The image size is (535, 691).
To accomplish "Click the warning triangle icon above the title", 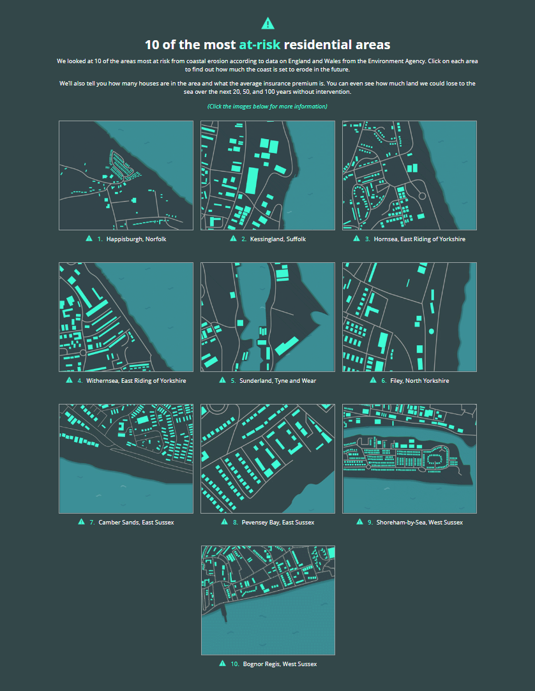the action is [x=267, y=24].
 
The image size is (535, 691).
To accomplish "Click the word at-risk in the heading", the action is [x=260, y=45].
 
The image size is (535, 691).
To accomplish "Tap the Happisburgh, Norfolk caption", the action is [x=136, y=239].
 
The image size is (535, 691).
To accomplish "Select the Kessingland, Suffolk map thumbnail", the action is [x=267, y=175].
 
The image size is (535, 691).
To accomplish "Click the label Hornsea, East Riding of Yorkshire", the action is [x=419, y=239].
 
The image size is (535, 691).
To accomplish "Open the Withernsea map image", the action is [x=126, y=317].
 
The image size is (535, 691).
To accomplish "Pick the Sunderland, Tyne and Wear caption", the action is [x=278, y=381].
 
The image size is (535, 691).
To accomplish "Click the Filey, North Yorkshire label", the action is [x=419, y=381].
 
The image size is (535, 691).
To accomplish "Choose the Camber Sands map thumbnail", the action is [x=126, y=459].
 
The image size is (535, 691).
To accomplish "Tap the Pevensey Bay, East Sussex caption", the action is [x=278, y=522].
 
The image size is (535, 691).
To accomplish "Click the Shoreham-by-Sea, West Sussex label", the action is [x=419, y=522].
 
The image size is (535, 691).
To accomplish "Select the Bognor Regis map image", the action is [x=268, y=600].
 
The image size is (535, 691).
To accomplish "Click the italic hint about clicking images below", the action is [x=267, y=106].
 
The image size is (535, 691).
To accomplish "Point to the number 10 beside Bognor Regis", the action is [x=235, y=664].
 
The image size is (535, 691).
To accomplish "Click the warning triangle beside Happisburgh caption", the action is [x=89, y=239].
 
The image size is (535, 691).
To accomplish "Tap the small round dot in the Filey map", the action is [x=432, y=331].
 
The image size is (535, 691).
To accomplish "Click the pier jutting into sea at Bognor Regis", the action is [x=225, y=613].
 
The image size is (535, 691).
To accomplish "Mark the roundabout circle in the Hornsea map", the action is [x=421, y=196].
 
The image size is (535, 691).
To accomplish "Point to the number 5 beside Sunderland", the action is [x=233, y=381].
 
